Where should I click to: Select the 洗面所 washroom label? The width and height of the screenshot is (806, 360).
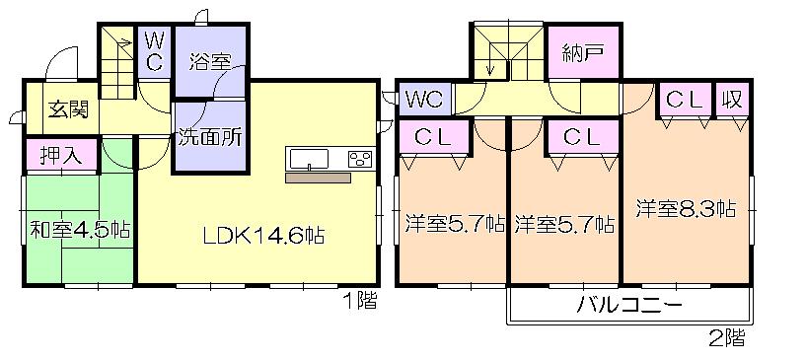point(209,138)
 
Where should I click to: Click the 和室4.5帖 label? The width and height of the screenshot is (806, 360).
point(80,232)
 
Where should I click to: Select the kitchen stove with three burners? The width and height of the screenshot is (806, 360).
point(359,159)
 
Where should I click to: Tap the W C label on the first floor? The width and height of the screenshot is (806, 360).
point(155,51)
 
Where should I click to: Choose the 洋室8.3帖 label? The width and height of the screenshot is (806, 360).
point(686,209)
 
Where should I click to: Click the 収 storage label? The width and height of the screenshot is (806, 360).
point(732,100)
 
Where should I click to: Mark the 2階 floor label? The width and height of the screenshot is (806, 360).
point(726,340)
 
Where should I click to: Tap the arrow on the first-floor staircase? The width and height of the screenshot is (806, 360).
point(122,43)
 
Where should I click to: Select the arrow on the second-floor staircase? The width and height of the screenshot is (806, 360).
point(490,68)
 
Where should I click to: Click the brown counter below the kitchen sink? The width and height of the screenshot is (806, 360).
point(318,179)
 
